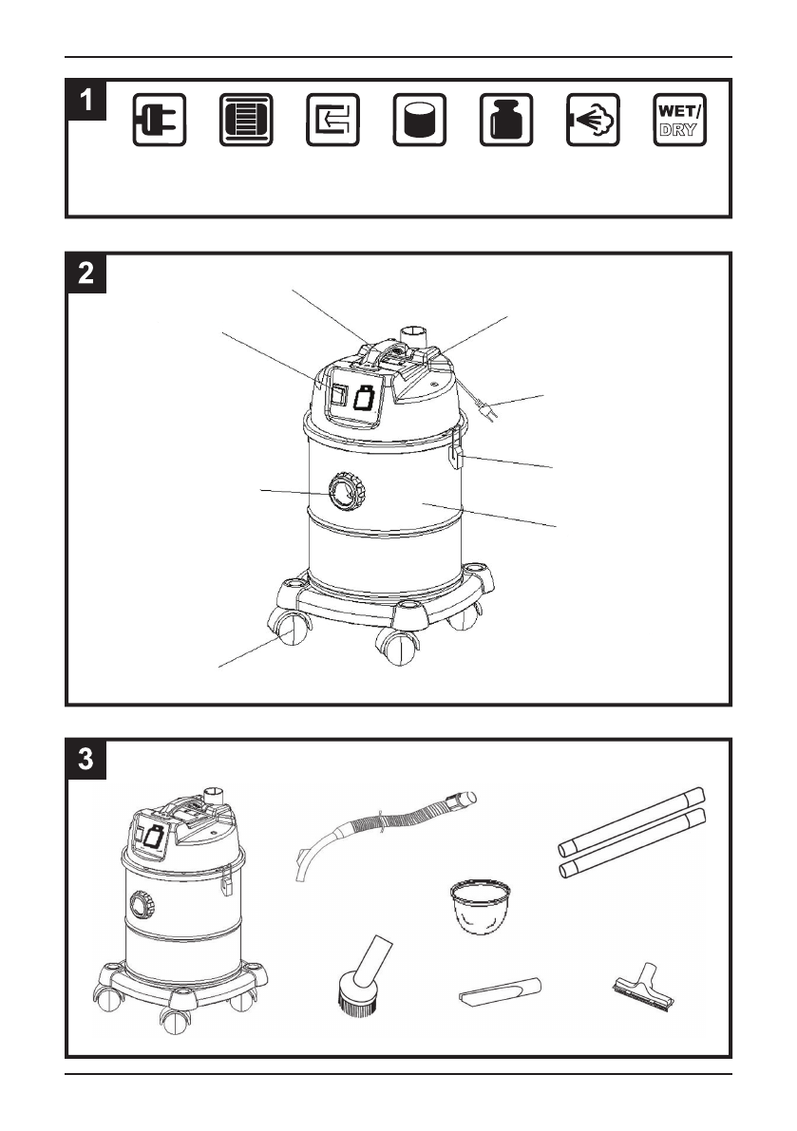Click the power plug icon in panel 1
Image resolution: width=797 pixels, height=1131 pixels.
160,120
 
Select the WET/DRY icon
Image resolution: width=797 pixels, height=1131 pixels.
679,120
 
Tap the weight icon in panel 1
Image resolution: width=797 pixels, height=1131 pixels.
506,120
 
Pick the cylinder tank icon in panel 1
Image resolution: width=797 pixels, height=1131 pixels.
420,120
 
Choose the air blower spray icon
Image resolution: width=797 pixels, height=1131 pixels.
593,120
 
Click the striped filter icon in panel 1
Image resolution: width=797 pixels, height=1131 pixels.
246,120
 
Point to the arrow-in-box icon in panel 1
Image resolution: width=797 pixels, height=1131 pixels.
332,120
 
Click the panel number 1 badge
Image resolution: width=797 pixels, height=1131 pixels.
86,100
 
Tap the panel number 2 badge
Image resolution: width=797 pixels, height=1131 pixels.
86,273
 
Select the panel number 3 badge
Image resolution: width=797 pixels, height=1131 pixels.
86,759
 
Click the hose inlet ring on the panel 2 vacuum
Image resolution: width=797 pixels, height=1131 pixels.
347,491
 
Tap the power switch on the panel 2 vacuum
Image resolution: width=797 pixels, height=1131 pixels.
338,395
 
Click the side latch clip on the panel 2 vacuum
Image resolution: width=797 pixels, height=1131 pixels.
457,447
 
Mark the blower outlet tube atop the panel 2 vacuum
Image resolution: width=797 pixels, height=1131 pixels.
413,337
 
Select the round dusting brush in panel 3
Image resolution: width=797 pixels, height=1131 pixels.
363,976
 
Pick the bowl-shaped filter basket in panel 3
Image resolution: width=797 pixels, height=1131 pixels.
481,906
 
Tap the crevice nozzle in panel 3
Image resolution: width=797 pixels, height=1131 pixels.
500,990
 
